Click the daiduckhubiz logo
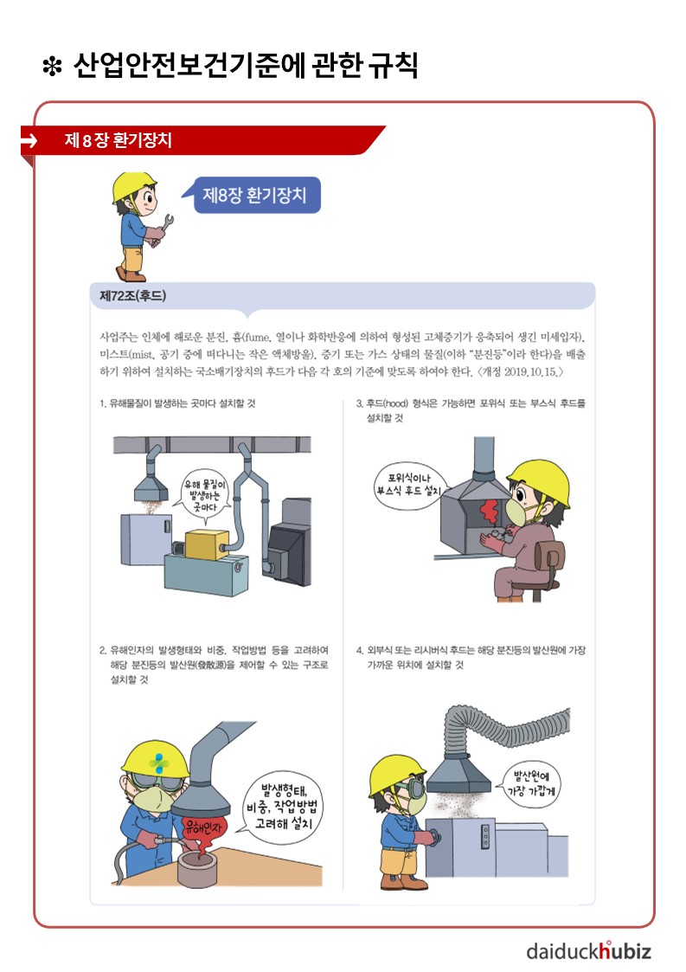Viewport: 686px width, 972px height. [x=588, y=950]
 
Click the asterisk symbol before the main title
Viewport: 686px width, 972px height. [x=53, y=67]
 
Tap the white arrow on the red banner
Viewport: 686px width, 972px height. [x=29, y=141]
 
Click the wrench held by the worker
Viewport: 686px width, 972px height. [x=163, y=229]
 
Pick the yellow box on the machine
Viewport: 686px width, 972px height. [x=207, y=545]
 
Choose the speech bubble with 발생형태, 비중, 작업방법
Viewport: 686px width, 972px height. [x=282, y=807]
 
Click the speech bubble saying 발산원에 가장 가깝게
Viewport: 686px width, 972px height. [x=529, y=784]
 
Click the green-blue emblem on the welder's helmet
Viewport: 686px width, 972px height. [x=159, y=762]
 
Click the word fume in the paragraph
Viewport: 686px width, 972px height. [x=257, y=338]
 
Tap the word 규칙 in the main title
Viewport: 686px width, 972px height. [x=394, y=65]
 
